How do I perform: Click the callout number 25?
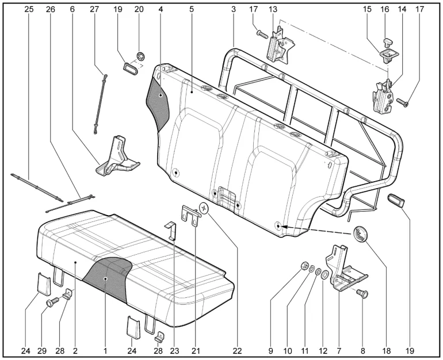click(28, 9)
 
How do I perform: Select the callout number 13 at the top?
click(272, 9)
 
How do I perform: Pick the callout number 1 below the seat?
click(106, 350)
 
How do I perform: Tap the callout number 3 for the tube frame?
click(233, 9)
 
